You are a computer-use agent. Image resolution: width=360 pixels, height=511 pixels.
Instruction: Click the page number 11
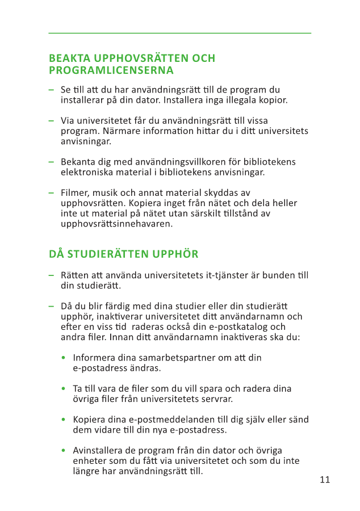(x=325, y=480)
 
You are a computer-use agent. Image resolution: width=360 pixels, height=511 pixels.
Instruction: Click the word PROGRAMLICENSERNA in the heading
(x=111, y=70)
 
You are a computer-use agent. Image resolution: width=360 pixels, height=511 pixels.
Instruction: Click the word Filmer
(x=75, y=193)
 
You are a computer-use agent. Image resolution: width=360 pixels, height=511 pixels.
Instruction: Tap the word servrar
(x=218, y=399)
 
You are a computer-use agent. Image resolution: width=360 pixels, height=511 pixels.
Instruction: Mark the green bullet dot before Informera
(x=64, y=358)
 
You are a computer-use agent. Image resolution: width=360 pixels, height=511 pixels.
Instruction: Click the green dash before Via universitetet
(x=51, y=121)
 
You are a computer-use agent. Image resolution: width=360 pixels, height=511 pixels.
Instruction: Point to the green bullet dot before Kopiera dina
(x=64, y=420)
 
